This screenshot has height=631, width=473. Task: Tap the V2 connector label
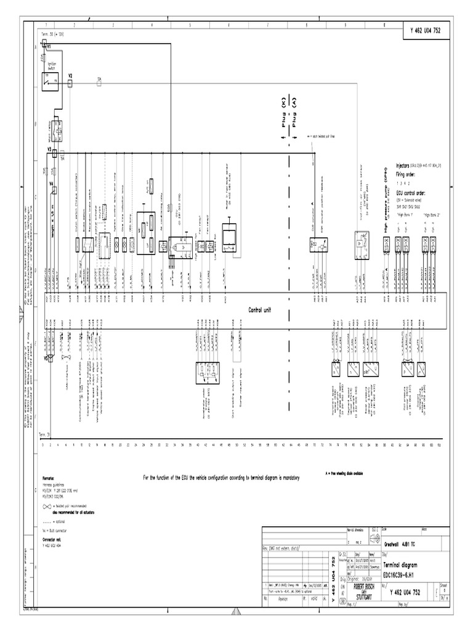coord(70,75)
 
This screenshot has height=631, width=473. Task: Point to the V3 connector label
coord(49,149)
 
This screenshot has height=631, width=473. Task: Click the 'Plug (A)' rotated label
coord(294,111)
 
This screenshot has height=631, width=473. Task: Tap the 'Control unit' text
coord(259,311)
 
